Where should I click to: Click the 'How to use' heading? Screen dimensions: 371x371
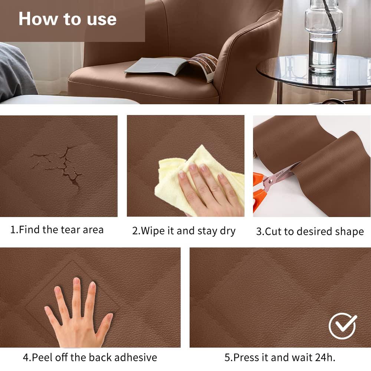click(x=68, y=19)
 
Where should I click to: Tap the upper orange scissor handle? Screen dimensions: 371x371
click(x=258, y=179)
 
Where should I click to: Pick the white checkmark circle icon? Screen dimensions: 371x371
click(x=342, y=326)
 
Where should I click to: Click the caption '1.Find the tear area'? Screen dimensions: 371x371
click(x=57, y=230)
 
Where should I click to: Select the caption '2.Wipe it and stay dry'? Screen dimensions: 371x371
click(x=184, y=231)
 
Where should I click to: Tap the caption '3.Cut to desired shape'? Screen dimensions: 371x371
click(x=310, y=232)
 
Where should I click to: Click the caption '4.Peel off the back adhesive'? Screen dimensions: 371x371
click(x=90, y=357)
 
